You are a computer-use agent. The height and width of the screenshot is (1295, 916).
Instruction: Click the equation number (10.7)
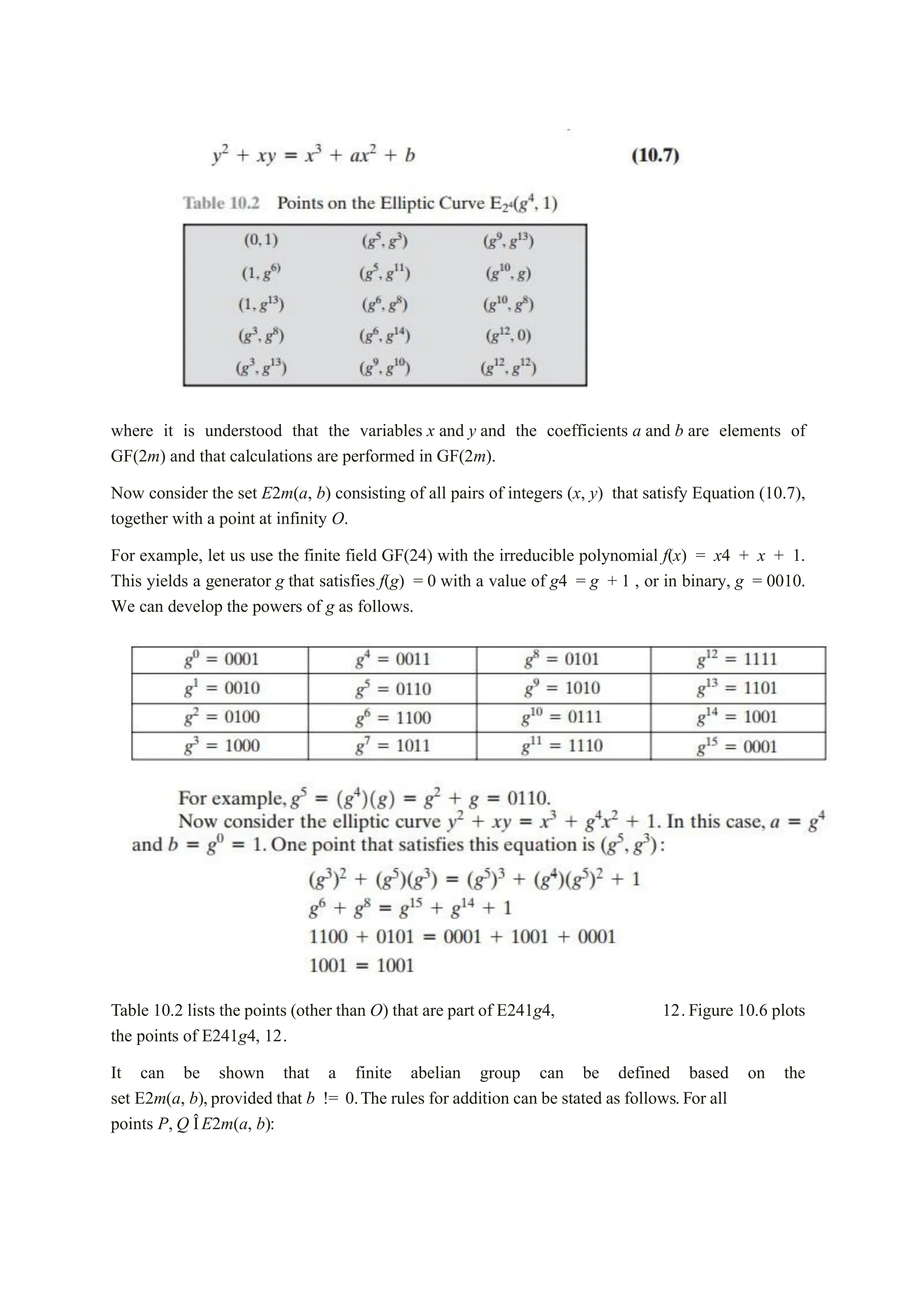(655, 155)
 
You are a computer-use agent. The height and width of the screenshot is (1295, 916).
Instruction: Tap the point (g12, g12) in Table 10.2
(508, 368)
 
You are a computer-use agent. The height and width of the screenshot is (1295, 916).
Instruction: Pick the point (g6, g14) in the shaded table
(385, 336)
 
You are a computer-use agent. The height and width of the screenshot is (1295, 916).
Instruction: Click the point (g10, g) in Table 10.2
(508, 274)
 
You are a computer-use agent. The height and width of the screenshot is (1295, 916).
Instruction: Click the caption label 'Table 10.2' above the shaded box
(221, 203)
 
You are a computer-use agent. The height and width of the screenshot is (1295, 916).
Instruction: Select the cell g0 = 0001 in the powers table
(221, 659)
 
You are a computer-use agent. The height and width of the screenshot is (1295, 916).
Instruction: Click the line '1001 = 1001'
(361, 965)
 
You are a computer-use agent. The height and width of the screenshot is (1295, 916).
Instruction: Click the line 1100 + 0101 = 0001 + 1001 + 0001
(462, 937)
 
